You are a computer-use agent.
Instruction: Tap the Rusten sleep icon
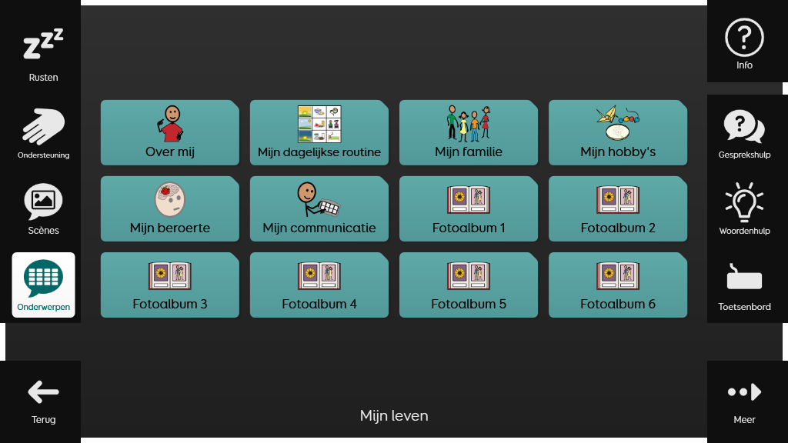tap(43, 45)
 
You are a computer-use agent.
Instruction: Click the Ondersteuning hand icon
tap(43, 127)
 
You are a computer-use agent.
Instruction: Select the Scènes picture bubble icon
tap(43, 201)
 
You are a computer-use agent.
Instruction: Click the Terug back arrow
tap(43, 392)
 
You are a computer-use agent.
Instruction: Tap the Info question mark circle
tap(744, 38)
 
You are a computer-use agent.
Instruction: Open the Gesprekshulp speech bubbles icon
tap(744, 127)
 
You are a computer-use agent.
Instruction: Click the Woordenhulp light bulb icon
tap(744, 202)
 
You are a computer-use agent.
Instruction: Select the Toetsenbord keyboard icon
tap(744, 278)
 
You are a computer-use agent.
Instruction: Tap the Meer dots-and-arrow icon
tap(744, 392)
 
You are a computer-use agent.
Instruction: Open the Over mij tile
tap(170, 132)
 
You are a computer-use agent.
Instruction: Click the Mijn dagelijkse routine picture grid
tap(319, 124)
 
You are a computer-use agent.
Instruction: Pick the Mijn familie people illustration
tap(468, 123)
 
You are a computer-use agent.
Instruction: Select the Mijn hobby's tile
tap(618, 132)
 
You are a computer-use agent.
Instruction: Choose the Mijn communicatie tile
tap(319, 208)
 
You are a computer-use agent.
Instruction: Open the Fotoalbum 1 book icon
tap(468, 199)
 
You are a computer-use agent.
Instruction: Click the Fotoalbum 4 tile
tap(319, 285)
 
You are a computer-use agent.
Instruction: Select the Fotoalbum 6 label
tap(618, 304)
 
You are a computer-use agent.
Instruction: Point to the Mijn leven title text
tap(394, 416)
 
